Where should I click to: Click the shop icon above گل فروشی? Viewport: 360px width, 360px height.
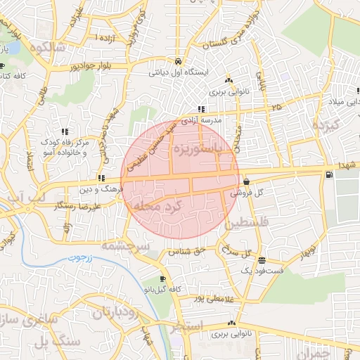246,181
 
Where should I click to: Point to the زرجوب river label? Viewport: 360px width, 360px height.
81,259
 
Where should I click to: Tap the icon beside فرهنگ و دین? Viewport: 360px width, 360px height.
102,179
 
